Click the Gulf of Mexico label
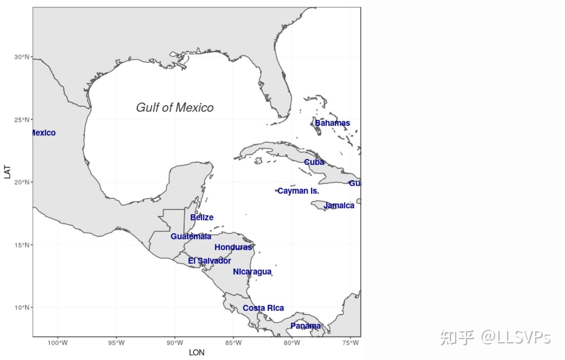point(175,108)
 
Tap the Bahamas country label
point(332,123)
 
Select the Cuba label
point(314,162)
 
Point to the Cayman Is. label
point(298,191)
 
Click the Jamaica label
point(339,206)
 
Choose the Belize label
point(202,217)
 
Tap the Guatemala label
point(191,236)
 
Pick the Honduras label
point(233,247)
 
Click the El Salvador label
point(210,261)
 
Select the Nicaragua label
point(252,272)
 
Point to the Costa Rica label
point(263,308)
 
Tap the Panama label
point(305,326)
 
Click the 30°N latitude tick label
point(22,57)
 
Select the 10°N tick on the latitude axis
point(22,307)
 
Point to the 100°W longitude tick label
point(58,343)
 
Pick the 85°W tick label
point(233,343)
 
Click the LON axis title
point(197,353)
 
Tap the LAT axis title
point(7,172)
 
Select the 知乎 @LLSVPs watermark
point(495,337)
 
